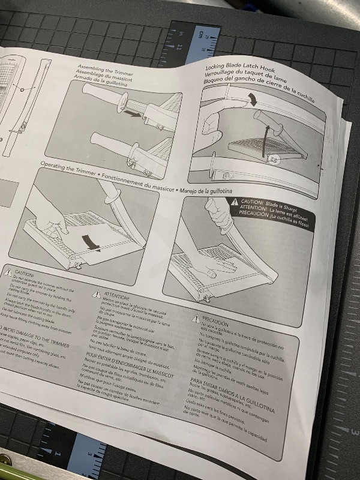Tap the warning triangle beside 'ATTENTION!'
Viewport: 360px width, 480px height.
[94, 293]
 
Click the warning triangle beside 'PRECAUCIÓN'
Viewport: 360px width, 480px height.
[196, 319]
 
